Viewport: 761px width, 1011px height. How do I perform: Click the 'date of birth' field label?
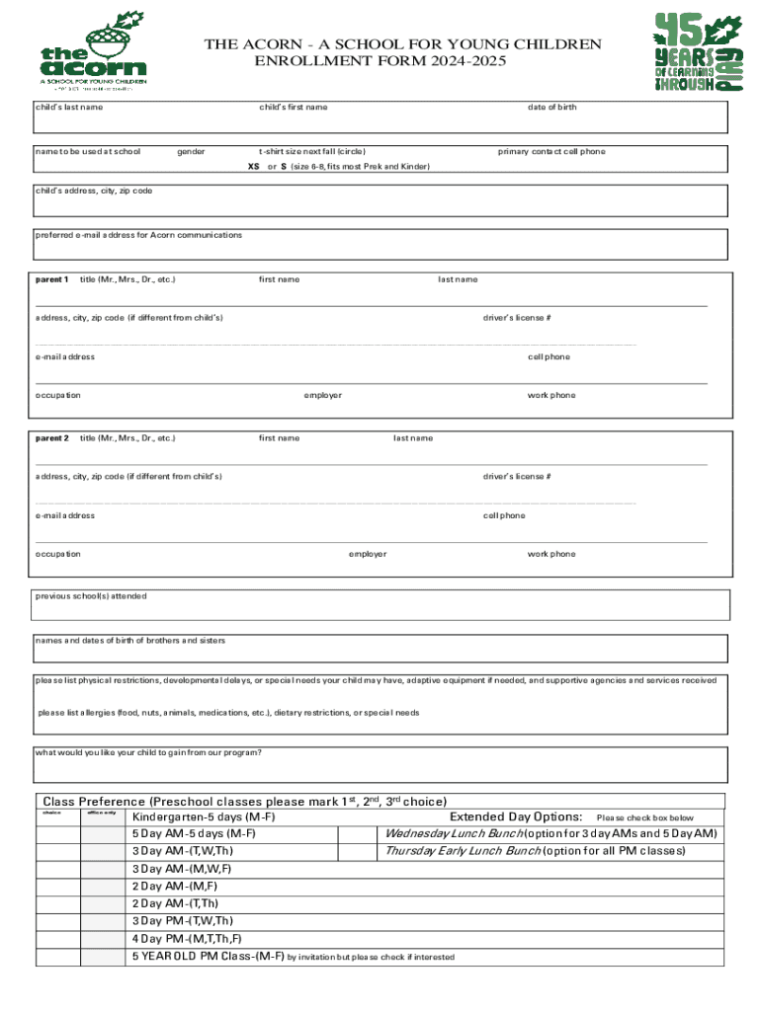pos(551,107)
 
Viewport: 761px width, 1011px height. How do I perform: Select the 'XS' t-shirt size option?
pos(253,167)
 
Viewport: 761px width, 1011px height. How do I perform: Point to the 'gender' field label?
pos(191,152)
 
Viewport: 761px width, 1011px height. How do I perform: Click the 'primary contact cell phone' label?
pos(550,152)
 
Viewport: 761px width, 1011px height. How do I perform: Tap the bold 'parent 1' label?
pos(52,279)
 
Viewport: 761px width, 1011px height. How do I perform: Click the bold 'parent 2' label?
pos(52,437)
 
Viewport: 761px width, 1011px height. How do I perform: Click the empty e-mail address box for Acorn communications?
pos(381,247)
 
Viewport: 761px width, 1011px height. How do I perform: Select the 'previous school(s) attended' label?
pos(91,596)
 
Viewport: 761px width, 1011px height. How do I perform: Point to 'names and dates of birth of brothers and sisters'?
pos(130,641)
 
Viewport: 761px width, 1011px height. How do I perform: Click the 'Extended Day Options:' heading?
pos(515,817)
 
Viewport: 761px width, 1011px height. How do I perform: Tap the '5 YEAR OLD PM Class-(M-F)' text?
pos(209,957)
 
